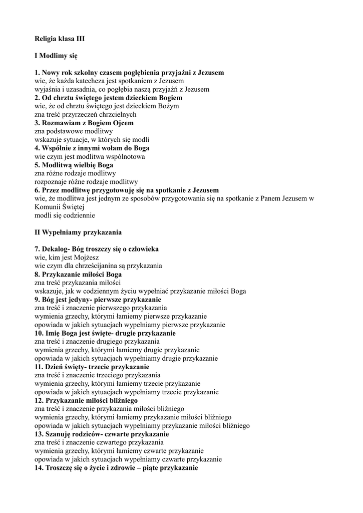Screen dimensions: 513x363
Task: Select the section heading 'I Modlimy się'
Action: [56, 56]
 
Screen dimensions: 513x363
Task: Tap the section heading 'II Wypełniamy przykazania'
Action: [78, 232]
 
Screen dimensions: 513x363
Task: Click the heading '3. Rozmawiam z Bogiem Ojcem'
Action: [84, 123]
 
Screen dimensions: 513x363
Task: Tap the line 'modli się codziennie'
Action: [65, 215]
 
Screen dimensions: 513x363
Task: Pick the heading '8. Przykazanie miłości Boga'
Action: [78, 275]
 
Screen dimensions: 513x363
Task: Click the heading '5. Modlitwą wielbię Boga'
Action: [74, 165]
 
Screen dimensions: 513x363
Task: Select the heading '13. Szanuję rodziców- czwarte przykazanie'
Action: [102, 434]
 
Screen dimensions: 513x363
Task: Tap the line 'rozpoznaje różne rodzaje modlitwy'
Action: [86, 182]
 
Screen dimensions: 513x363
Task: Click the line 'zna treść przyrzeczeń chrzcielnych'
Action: [85, 115]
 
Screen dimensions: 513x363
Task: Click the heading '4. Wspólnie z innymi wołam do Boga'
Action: [92, 148]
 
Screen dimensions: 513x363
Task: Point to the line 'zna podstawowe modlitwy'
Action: [74, 131]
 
